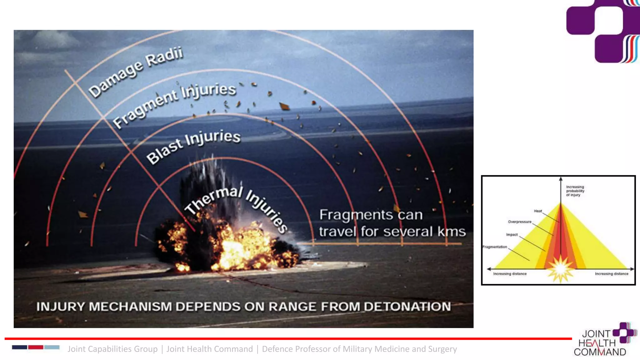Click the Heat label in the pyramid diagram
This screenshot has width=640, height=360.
point(538,211)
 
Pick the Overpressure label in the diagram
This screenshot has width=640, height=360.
point(519,222)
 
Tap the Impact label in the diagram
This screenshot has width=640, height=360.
point(512,235)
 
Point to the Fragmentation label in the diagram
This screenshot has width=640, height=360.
point(495,247)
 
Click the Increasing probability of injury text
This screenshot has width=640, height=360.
point(575,191)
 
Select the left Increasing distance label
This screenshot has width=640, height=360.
point(510,274)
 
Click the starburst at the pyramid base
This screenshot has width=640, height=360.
point(560,268)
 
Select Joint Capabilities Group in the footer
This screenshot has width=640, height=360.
point(112,349)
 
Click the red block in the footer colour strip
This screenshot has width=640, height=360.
point(36,347)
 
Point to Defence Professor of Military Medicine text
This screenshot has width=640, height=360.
point(359,349)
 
